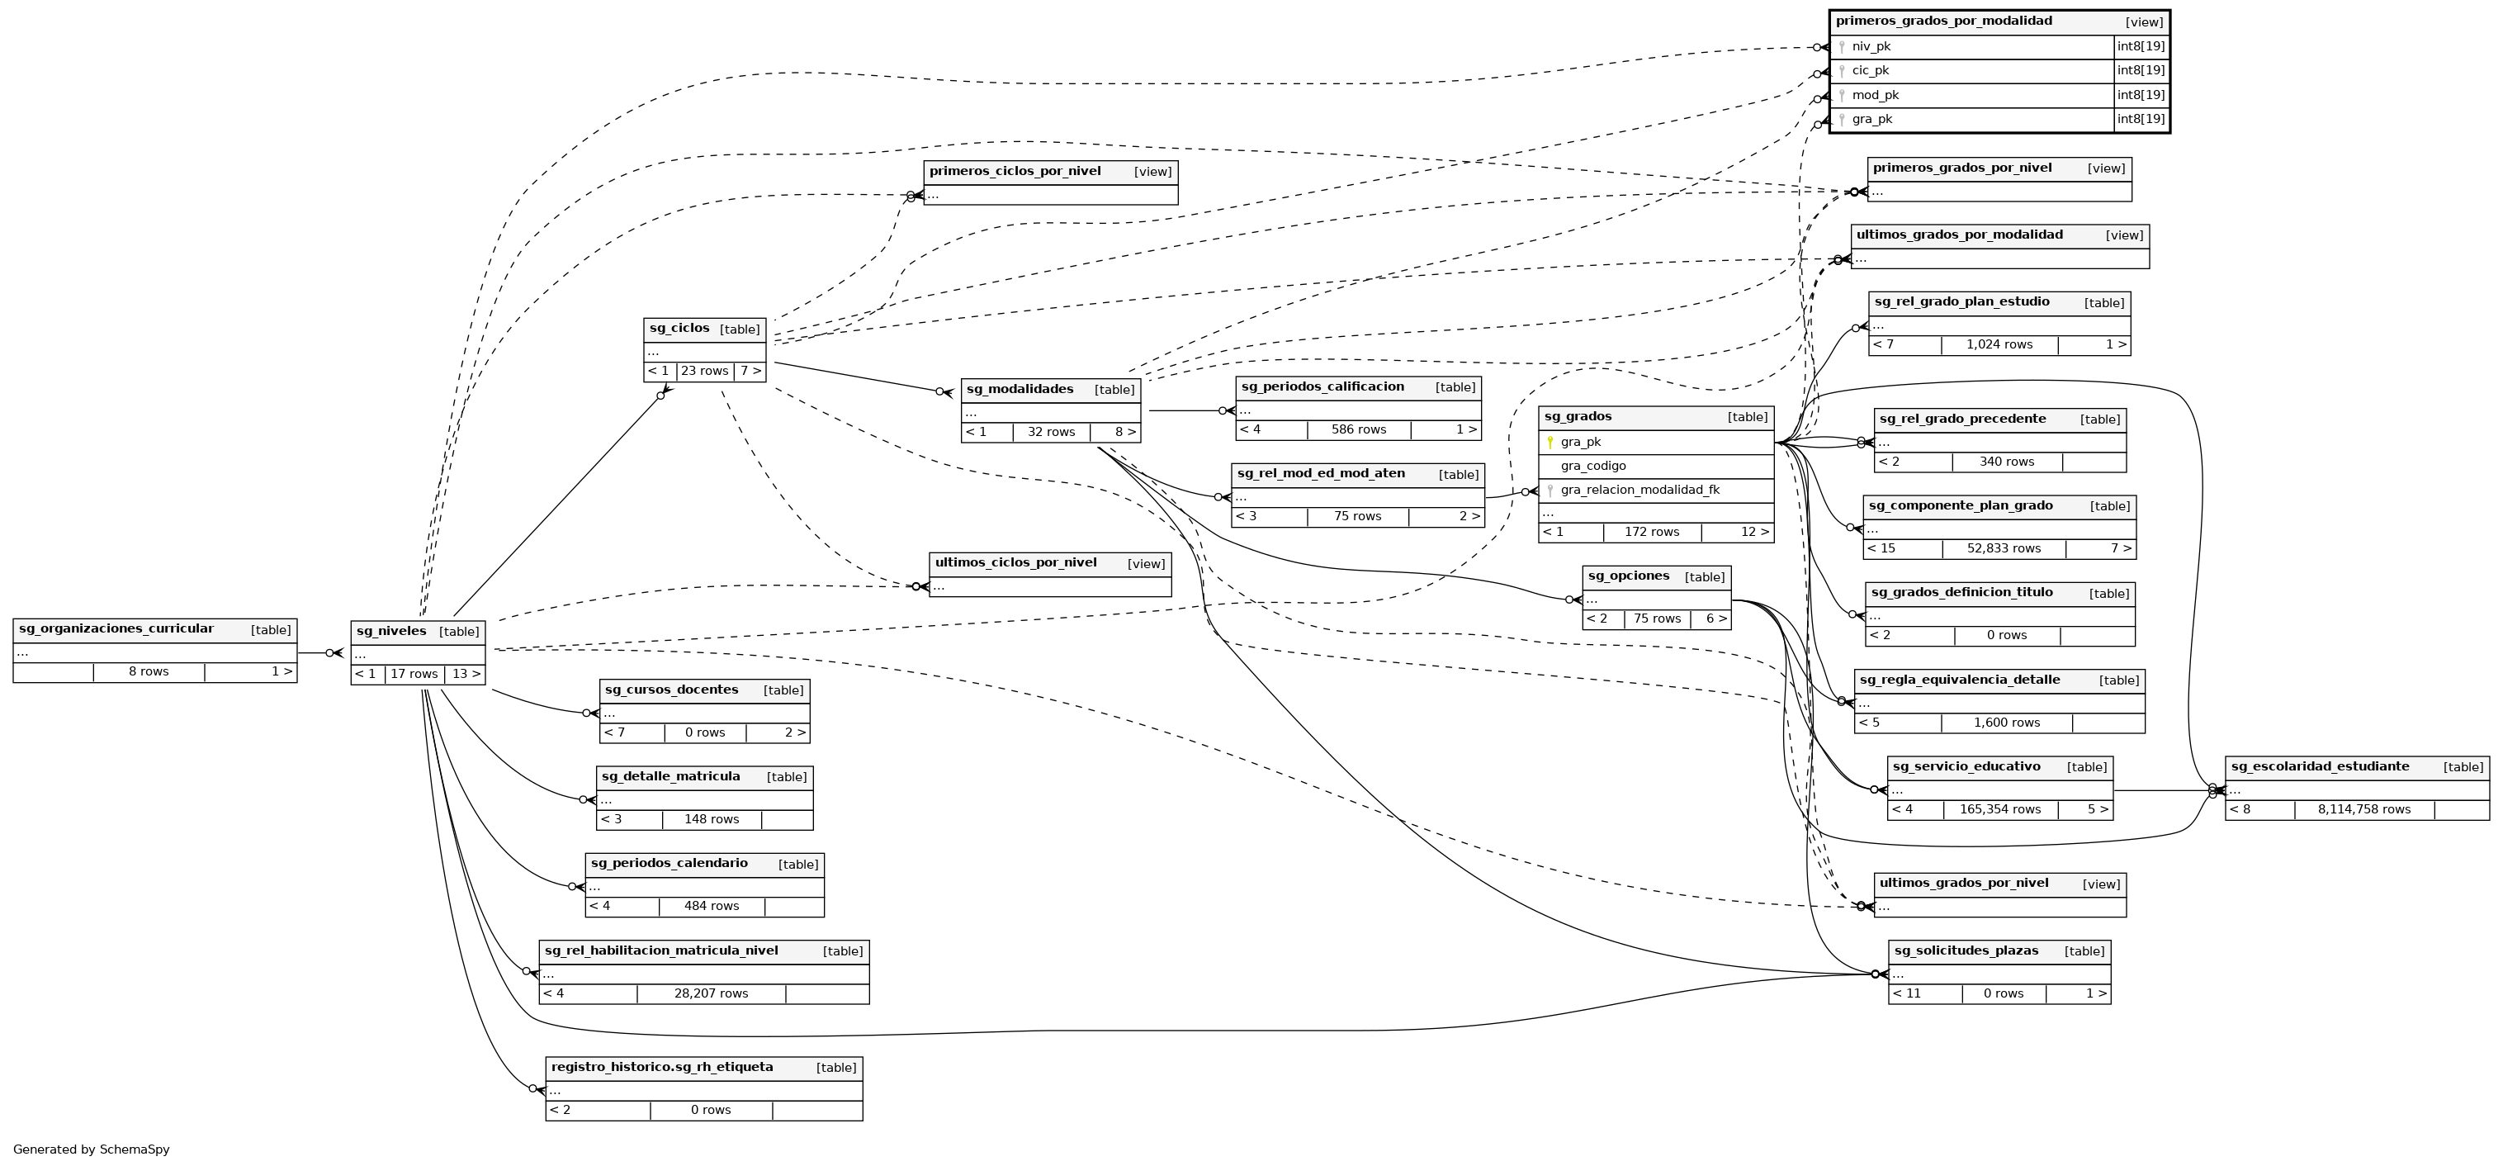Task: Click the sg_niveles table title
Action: (x=391, y=632)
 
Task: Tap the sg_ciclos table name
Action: (x=679, y=329)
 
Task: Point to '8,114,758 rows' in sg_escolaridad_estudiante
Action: (x=2363, y=809)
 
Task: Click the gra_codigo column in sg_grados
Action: (x=1592, y=467)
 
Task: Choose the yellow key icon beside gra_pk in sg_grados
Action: (x=1550, y=442)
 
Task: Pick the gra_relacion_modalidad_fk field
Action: (x=1639, y=490)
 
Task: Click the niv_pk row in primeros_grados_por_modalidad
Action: (x=1871, y=46)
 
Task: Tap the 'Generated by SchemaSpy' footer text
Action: (x=92, y=1149)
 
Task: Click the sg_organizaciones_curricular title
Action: (x=116, y=628)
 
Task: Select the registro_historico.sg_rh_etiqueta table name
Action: (x=662, y=1067)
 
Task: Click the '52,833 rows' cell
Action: (x=2004, y=548)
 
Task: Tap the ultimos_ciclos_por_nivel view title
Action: (x=1015, y=562)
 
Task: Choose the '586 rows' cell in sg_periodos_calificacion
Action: (x=1358, y=429)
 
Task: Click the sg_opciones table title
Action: (x=1629, y=576)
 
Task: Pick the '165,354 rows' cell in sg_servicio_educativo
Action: (x=1999, y=809)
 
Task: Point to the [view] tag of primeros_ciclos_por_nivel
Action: (x=1152, y=172)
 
